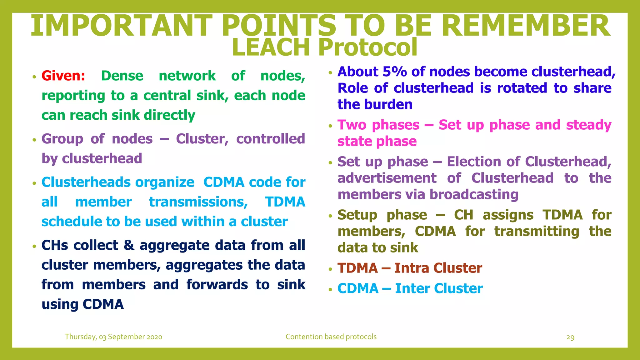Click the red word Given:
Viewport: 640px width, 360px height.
[x=63, y=76]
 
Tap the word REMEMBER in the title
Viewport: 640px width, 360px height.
[x=525, y=26]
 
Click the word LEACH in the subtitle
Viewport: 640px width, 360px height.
[x=271, y=47]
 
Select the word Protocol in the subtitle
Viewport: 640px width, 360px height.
[x=368, y=47]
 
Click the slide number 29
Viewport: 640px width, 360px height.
[x=570, y=337]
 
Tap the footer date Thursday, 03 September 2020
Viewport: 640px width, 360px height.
[x=113, y=337]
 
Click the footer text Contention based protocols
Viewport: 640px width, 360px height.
[x=331, y=337]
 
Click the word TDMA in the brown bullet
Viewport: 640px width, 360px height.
[x=357, y=268]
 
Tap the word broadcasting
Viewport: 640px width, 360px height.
[x=474, y=195]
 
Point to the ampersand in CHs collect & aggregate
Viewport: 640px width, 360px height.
[x=129, y=245]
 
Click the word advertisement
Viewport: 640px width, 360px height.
[x=387, y=178]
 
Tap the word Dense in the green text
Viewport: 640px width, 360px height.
[x=122, y=76]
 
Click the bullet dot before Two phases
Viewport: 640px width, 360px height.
[x=330, y=126]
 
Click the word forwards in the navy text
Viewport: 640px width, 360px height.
[x=217, y=285]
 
